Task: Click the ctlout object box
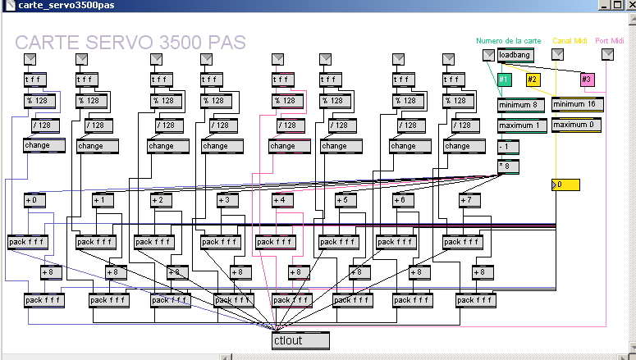(300, 340)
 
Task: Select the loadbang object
(515, 55)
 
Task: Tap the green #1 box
(505, 80)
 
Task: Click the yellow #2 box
(533, 80)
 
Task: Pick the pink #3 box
(586, 80)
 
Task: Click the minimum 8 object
(521, 105)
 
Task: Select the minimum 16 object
(578, 105)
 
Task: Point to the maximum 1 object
(521, 125)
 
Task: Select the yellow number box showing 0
(565, 185)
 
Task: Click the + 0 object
(35, 200)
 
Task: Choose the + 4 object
(282, 200)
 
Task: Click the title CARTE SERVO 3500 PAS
(130, 43)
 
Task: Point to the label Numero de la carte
(509, 41)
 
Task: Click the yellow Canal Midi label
(570, 41)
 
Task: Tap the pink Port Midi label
(611, 41)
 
